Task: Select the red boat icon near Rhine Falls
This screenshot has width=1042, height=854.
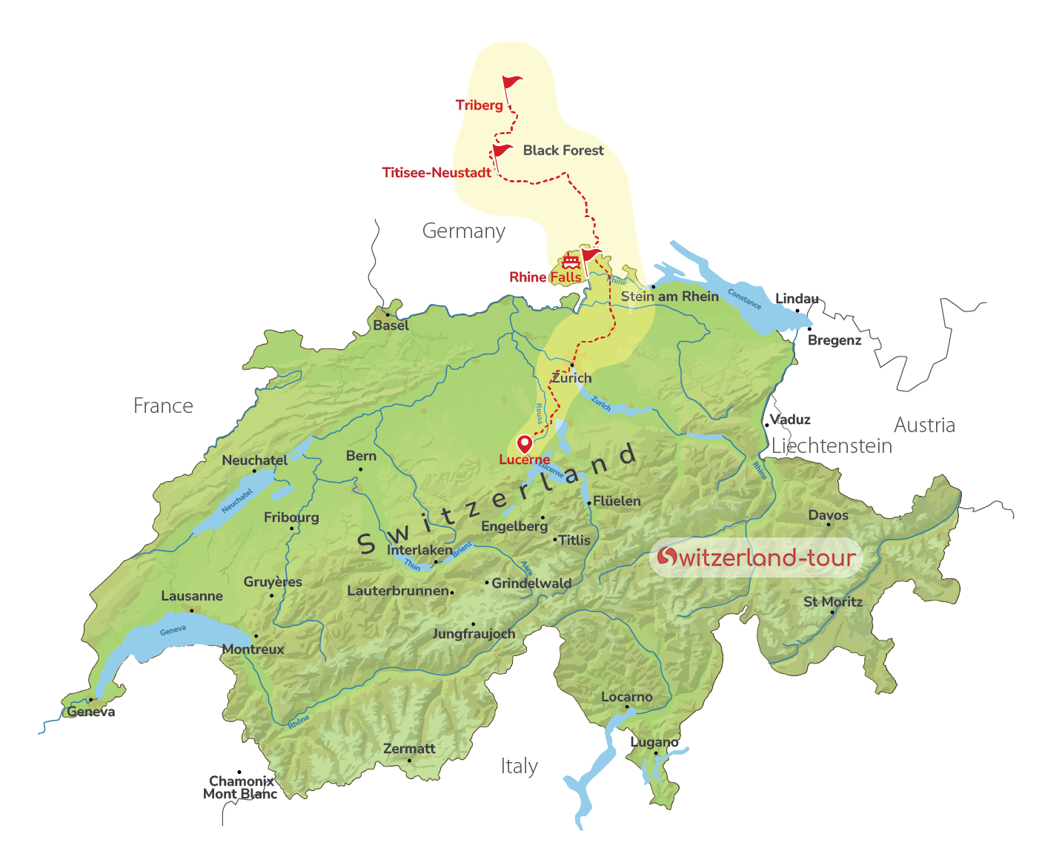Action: point(570,261)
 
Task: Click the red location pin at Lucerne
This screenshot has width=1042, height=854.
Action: point(525,443)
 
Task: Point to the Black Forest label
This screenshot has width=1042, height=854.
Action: point(563,150)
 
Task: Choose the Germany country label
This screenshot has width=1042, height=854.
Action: point(464,231)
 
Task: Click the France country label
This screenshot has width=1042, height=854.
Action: point(163,406)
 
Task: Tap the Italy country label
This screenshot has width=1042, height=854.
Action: point(519,767)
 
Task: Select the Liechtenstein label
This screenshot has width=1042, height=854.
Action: point(832,446)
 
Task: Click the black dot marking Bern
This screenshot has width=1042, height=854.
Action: point(361,469)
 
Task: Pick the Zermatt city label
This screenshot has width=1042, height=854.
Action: point(409,749)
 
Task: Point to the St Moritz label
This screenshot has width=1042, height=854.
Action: point(833,602)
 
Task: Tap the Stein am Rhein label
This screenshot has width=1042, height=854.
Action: point(670,297)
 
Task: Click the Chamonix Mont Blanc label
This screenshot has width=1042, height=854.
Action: point(241,787)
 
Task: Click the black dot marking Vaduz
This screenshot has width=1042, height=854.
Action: point(766,426)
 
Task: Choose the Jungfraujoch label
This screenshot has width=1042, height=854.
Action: point(474,634)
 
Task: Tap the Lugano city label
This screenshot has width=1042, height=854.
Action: point(654,742)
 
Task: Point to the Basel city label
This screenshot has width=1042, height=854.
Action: point(391,325)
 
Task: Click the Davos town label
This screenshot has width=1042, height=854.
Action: point(829,515)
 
